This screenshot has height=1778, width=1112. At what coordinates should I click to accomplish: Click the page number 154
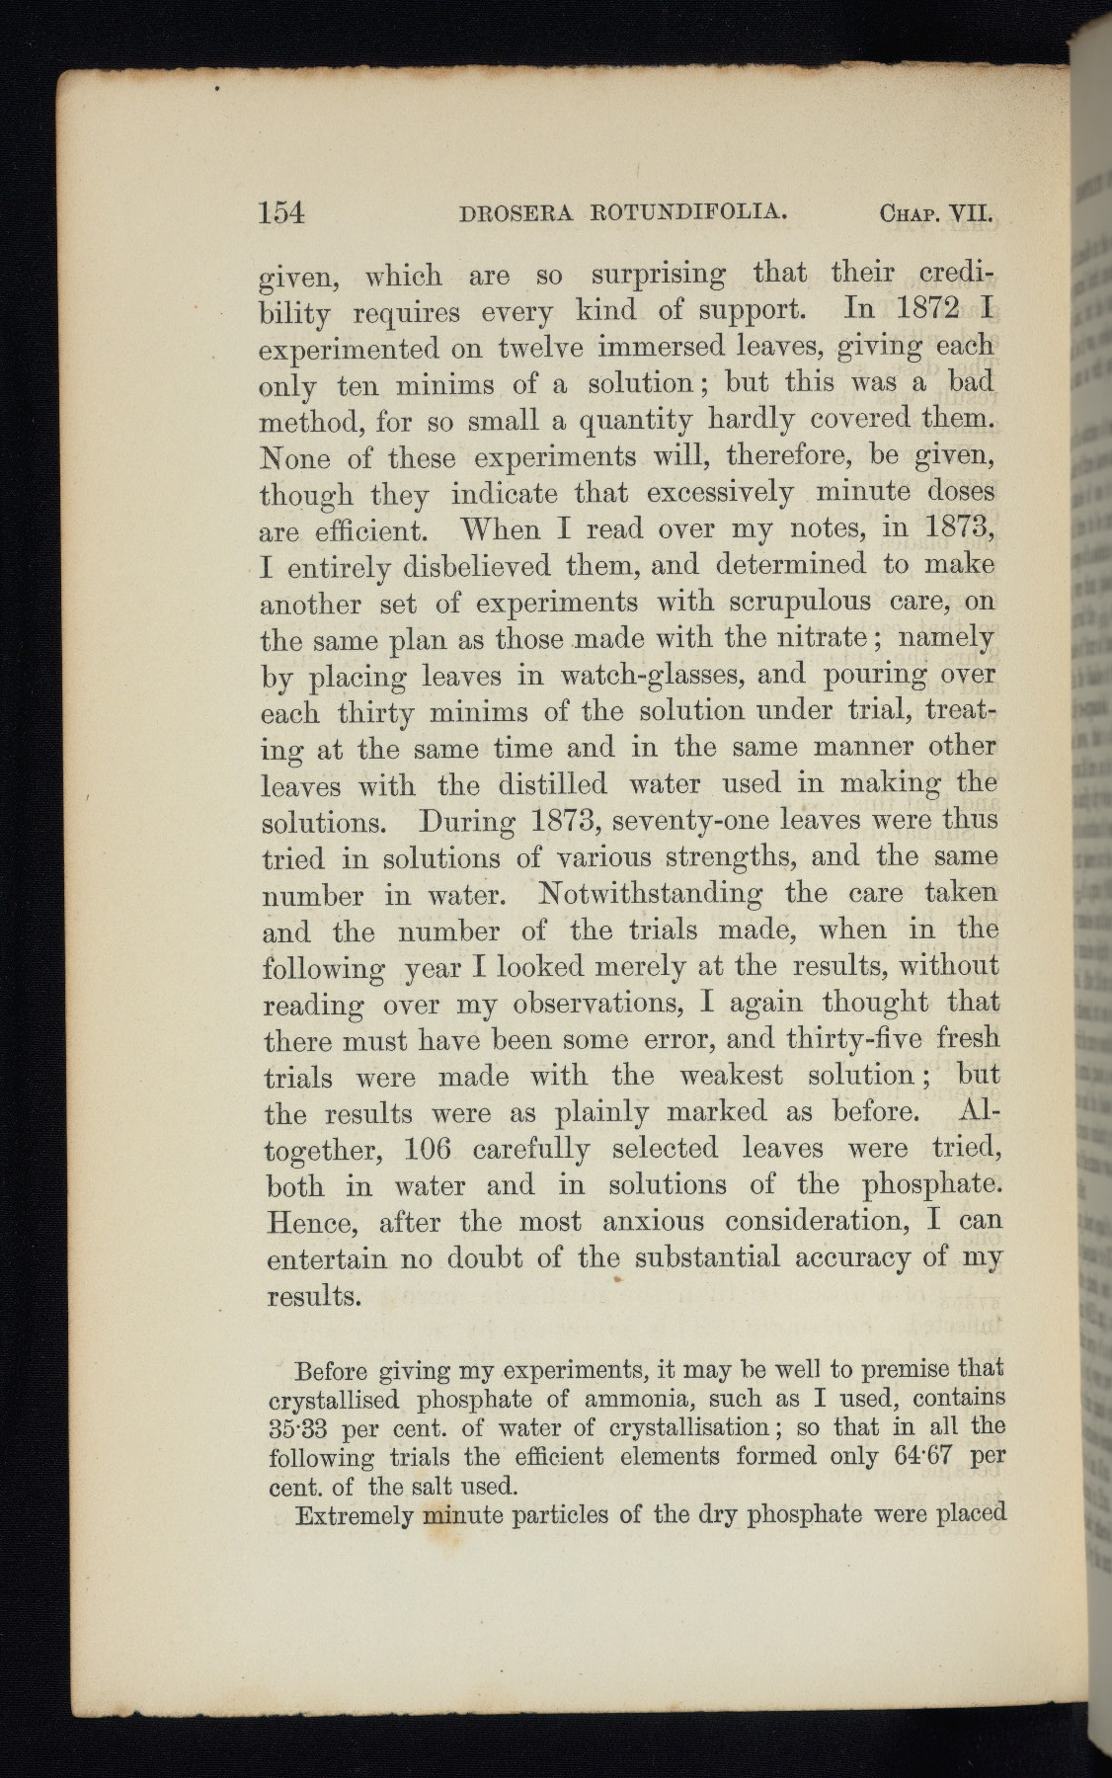(x=281, y=212)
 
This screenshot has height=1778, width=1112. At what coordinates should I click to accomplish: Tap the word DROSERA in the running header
(x=516, y=212)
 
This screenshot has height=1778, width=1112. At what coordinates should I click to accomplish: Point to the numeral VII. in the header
(x=969, y=212)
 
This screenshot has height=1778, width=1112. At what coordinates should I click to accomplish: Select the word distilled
(x=552, y=784)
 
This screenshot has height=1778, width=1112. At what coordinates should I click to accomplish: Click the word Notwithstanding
(x=651, y=894)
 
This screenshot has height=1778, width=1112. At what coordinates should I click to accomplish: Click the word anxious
(x=653, y=1222)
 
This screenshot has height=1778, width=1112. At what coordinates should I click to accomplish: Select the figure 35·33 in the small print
(x=303, y=1428)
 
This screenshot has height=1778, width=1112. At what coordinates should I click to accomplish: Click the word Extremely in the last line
(x=354, y=1514)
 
